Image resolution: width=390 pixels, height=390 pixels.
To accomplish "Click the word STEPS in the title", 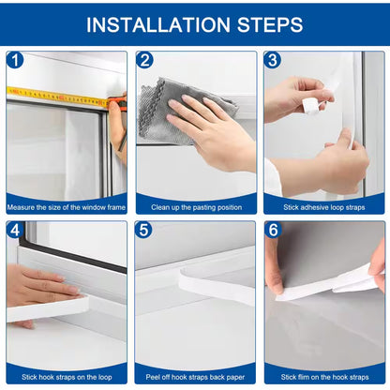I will pos(268,24).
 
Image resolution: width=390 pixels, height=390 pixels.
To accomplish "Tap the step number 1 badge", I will pos(15,61).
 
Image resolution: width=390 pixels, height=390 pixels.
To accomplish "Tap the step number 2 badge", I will pos(144,61).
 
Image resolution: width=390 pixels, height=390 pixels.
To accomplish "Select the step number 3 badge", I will pos(273,61).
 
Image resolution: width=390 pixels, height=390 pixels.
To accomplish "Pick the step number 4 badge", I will pos(15,231).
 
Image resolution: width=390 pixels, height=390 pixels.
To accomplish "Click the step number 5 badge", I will pos(144,231).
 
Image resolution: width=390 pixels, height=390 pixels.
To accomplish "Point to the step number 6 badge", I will pos(273,231).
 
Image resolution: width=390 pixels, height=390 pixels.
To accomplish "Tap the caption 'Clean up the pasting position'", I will pos(194,205).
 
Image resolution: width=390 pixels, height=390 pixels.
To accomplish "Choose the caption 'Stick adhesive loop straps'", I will pos(323,205).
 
